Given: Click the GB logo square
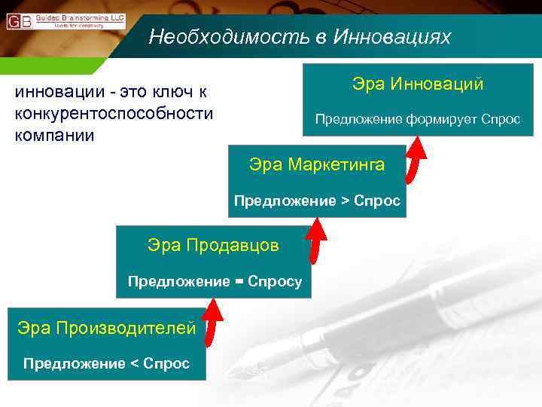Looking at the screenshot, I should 19,21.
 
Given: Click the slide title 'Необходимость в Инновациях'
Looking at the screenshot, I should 300,37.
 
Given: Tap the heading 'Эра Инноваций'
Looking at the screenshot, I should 418,84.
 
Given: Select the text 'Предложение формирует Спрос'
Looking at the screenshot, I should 417,119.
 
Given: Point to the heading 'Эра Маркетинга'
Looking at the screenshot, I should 317,164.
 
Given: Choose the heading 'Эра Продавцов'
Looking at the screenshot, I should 213,245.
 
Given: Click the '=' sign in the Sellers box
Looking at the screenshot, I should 239,282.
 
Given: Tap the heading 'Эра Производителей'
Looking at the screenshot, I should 106,327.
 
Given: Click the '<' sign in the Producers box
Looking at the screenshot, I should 135,364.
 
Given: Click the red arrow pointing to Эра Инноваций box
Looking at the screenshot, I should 415,159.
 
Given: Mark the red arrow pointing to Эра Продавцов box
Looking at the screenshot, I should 215,317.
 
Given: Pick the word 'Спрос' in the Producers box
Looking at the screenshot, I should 168,364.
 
